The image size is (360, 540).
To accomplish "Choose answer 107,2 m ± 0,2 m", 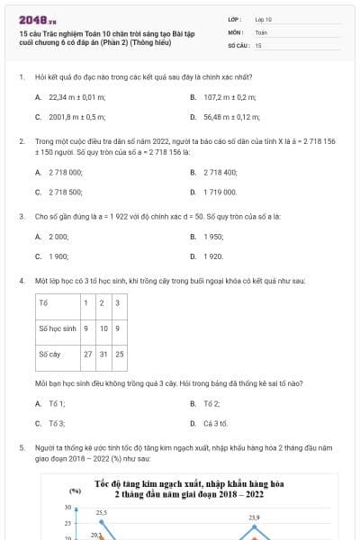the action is [x=230, y=96].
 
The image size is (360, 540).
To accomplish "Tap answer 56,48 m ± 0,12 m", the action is [x=231, y=117].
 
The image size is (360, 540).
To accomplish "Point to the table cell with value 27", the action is [x=88, y=355].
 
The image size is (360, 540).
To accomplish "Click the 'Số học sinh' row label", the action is [x=56, y=328].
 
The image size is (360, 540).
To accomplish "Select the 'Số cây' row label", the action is [x=49, y=355].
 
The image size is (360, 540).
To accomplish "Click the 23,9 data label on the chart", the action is [x=254, y=517].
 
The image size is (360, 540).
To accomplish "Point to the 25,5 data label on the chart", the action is [x=102, y=512].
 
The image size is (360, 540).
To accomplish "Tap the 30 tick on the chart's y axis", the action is [x=67, y=508].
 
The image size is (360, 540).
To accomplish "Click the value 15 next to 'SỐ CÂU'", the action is [x=258, y=44].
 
